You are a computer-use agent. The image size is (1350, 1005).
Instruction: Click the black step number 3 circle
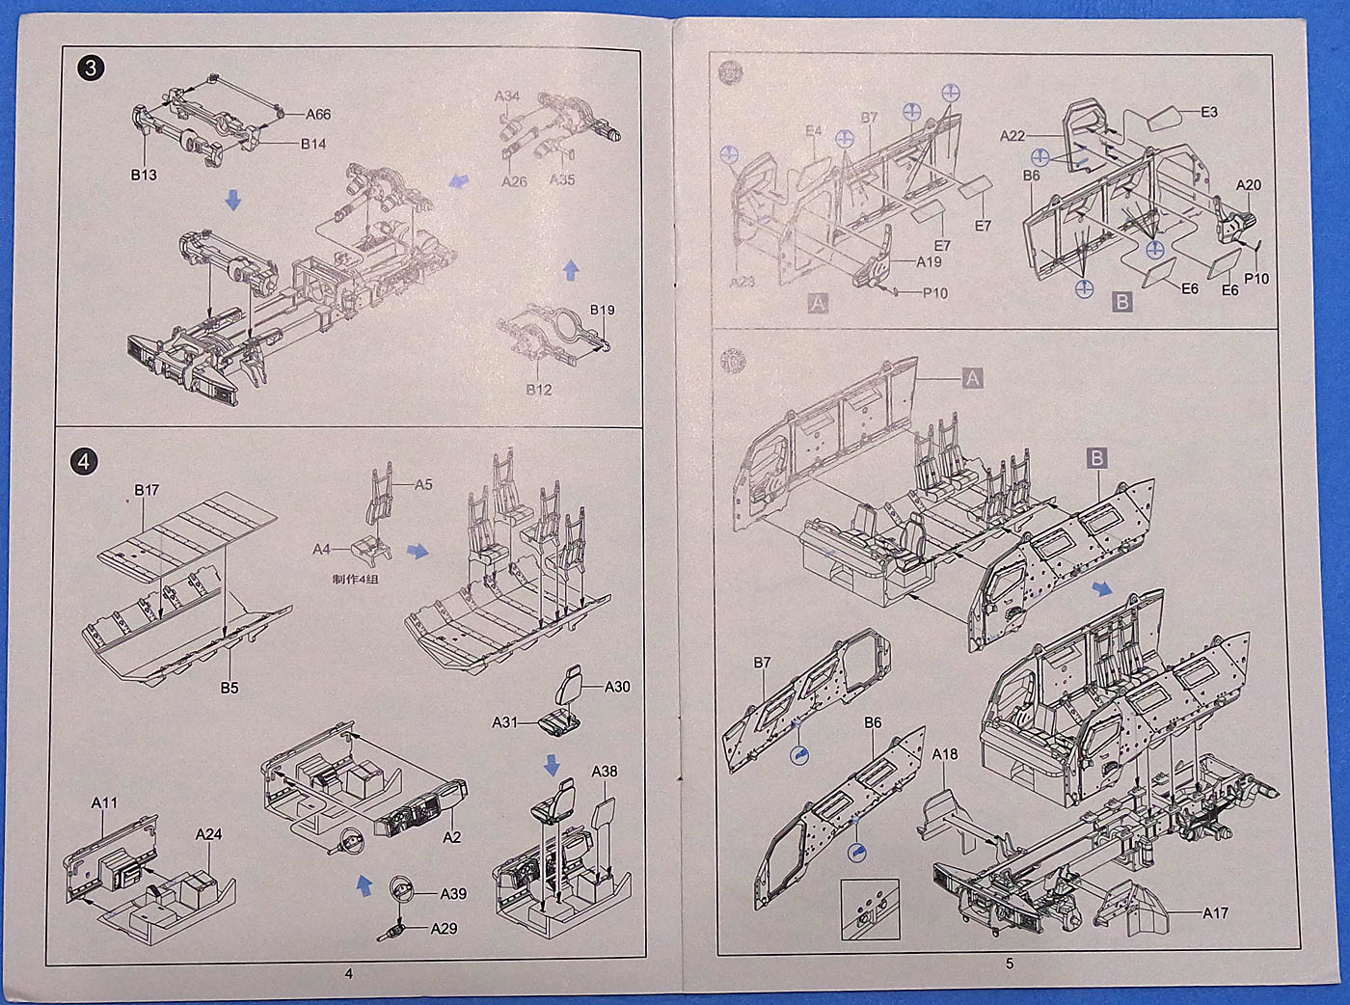pyautogui.click(x=92, y=68)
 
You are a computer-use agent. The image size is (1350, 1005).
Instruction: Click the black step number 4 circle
pyautogui.click(x=84, y=462)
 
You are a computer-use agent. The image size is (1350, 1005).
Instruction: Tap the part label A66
pyautogui.click(x=318, y=115)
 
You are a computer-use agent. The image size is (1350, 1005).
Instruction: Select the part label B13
pyautogui.click(x=144, y=176)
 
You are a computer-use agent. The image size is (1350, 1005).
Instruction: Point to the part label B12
pyautogui.click(x=539, y=390)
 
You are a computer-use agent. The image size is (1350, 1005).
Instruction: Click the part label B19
pyautogui.click(x=602, y=311)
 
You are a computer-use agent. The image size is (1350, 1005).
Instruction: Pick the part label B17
pyautogui.click(x=147, y=490)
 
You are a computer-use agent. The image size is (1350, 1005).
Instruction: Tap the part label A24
pyautogui.click(x=208, y=834)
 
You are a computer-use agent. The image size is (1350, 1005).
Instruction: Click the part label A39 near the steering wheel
pyautogui.click(x=453, y=894)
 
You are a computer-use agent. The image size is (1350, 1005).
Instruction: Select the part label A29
pyautogui.click(x=444, y=929)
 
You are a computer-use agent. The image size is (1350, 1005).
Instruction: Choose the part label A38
pyautogui.click(x=605, y=772)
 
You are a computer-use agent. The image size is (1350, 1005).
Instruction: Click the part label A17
pyautogui.click(x=1215, y=912)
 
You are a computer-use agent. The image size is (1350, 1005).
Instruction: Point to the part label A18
pyautogui.click(x=945, y=754)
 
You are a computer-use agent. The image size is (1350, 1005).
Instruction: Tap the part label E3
pyautogui.click(x=1209, y=112)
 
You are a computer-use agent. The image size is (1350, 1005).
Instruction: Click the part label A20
pyautogui.click(x=1249, y=185)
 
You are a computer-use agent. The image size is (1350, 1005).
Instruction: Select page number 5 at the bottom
pyautogui.click(x=1010, y=963)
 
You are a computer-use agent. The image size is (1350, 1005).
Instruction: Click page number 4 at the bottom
pyautogui.click(x=349, y=974)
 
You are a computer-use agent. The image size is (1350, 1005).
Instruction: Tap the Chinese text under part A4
pyautogui.click(x=356, y=580)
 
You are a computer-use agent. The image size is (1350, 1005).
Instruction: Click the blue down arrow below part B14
pyautogui.click(x=232, y=201)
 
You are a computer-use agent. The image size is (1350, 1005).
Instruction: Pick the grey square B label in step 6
pyautogui.click(x=1097, y=457)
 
